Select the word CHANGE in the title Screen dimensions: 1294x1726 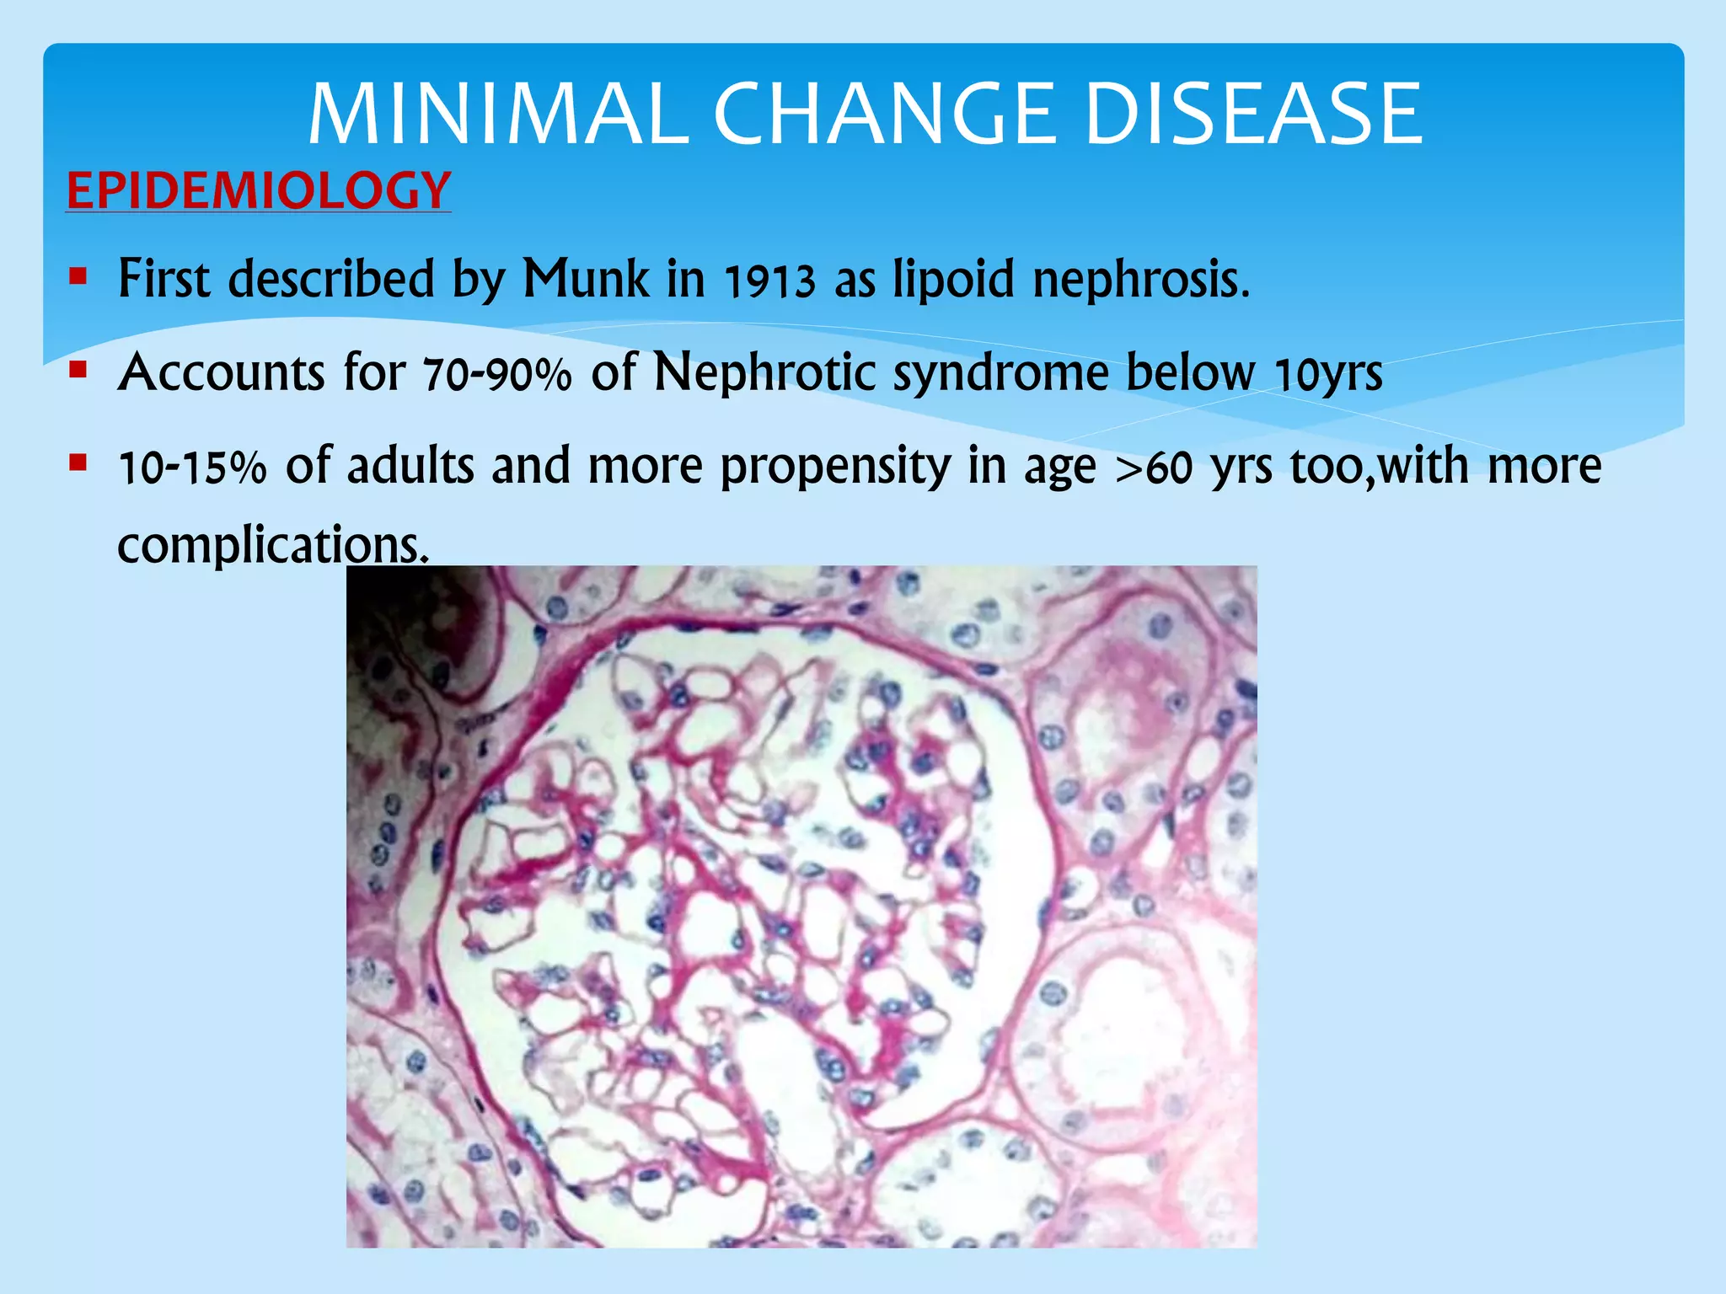[x=887, y=115]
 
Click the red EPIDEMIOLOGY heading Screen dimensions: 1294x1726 [x=259, y=190]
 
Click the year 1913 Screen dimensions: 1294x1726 [x=769, y=281]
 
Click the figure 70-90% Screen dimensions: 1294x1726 [x=497, y=374]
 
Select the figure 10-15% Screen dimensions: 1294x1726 [x=192, y=468]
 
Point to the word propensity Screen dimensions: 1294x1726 [x=834, y=468]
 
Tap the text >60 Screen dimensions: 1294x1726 [x=1154, y=468]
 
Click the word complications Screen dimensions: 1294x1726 [x=272, y=545]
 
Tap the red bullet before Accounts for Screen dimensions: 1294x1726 [x=78, y=369]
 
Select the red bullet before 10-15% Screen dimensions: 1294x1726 [x=78, y=463]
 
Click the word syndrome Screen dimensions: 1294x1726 [x=1001, y=374]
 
